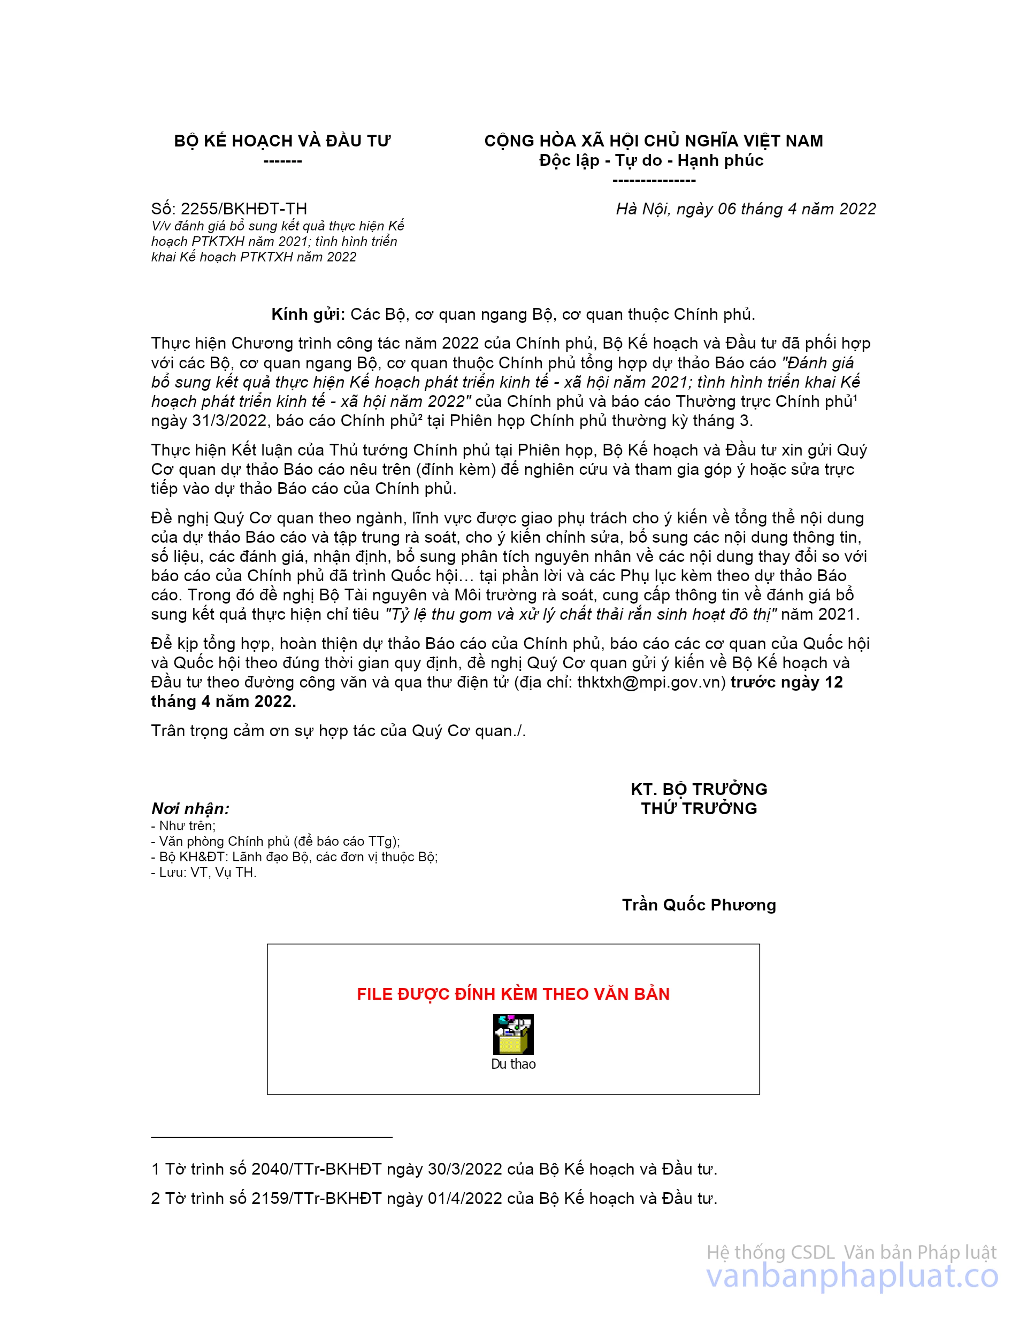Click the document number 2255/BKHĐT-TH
point(243,209)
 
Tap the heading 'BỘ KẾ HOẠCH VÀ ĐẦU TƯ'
point(282,141)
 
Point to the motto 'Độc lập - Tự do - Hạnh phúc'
point(651,160)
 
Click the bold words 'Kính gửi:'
point(308,314)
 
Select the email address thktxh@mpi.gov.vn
point(651,682)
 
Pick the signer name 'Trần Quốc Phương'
point(699,905)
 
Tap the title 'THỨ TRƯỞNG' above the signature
point(699,808)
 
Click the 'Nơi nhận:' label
point(190,809)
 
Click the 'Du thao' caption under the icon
point(513,1064)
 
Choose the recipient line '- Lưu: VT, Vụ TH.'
point(204,873)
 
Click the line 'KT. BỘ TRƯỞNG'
point(699,789)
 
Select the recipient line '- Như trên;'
point(184,826)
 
